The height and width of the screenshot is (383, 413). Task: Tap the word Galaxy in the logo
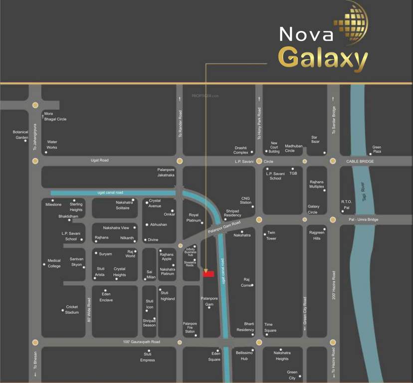point(323,58)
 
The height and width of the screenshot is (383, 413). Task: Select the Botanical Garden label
point(21,135)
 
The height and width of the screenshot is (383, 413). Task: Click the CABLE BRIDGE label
point(360,162)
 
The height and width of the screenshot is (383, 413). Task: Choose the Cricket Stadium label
point(72,310)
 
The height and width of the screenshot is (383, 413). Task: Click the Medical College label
point(54,263)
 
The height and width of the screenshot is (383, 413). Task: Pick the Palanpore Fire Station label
point(190,328)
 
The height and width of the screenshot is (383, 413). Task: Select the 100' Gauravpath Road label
point(141,342)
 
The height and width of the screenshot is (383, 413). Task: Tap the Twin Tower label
point(271,235)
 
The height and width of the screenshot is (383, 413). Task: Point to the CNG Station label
point(245,200)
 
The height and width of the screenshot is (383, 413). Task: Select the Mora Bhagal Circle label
point(55,116)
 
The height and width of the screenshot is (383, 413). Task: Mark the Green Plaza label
point(376,150)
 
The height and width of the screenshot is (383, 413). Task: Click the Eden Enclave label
point(106,297)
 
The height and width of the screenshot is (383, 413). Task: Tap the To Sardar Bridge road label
point(334,120)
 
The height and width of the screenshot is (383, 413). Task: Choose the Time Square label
point(270,327)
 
